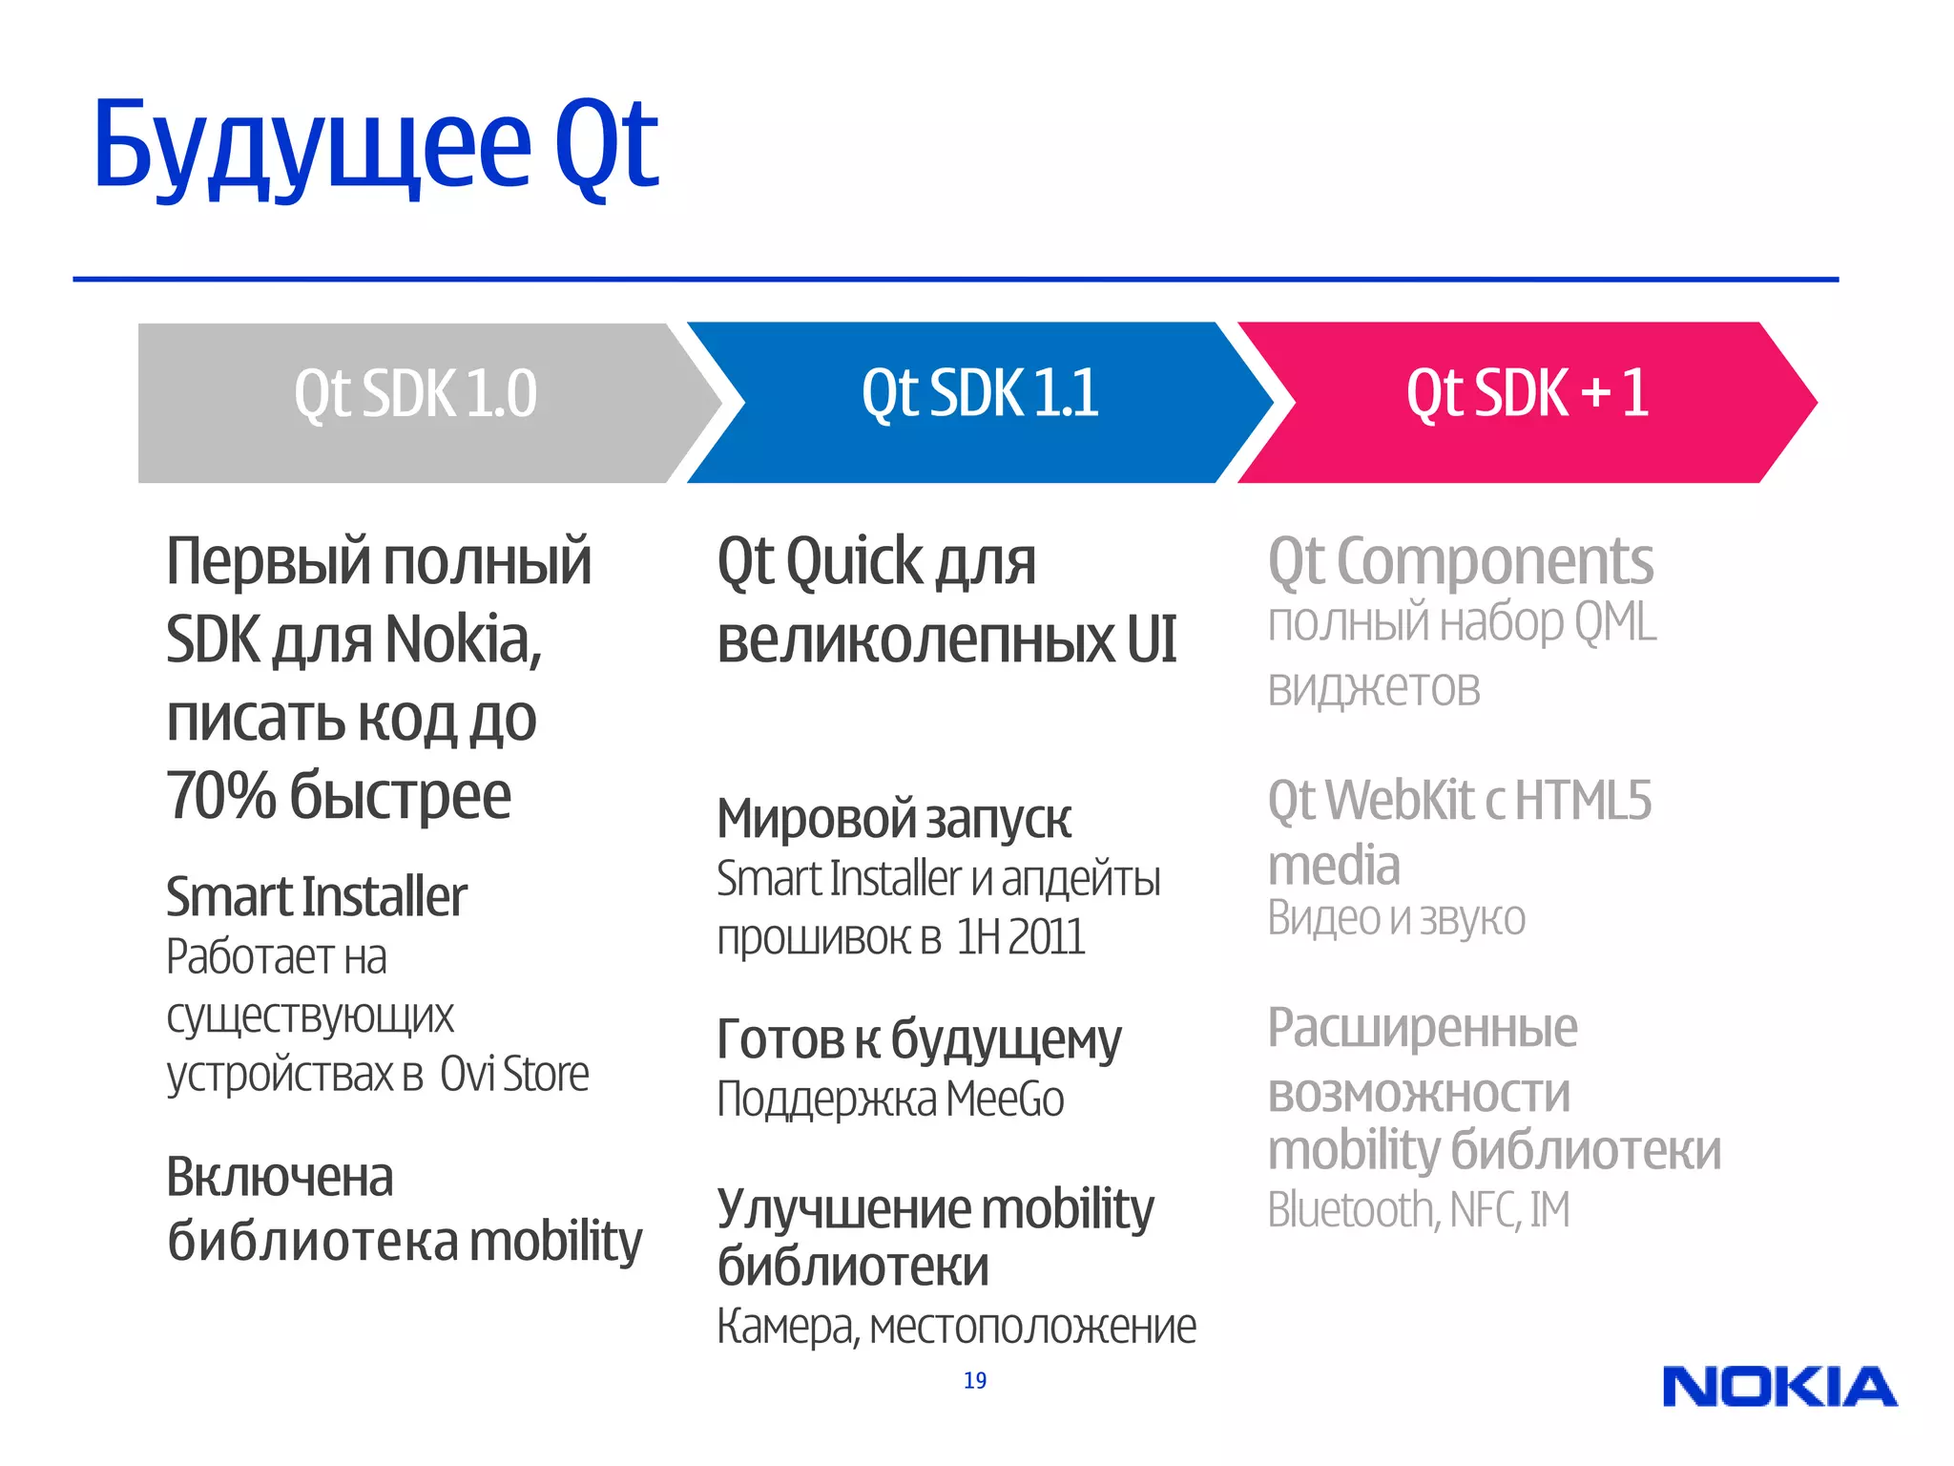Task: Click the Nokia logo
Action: tap(1779, 1387)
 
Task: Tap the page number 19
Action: tap(974, 1380)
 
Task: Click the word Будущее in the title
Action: tap(311, 146)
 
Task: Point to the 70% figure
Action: tap(220, 795)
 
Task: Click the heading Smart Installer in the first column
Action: tap(316, 897)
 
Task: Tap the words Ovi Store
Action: tap(514, 1074)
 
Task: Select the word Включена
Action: tap(280, 1177)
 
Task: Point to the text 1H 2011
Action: tap(1020, 937)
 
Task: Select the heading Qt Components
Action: tap(1460, 561)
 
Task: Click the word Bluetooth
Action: tap(1350, 1210)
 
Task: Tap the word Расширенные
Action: tap(1422, 1029)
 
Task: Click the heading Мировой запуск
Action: tap(893, 819)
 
